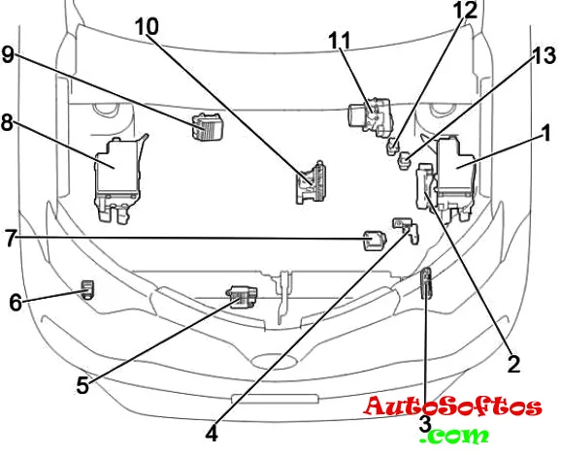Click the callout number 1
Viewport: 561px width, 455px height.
tap(545, 134)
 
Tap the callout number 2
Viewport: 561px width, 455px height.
tap(513, 364)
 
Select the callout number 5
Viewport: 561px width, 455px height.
tap(82, 386)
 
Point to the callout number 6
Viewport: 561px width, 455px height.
tap(16, 303)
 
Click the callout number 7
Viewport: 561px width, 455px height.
tap(11, 239)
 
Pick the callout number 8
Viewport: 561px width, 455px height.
tap(7, 122)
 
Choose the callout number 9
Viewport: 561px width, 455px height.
tap(8, 54)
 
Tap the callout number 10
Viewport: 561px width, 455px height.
tap(147, 27)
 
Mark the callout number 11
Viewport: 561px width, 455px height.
tap(340, 41)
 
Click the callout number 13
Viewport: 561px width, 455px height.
tap(544, 55)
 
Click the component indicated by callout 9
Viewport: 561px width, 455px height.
tap(207, 127)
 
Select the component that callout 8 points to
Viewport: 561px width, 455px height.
tap(118, 179)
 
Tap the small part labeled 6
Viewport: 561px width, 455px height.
tap(87, 289)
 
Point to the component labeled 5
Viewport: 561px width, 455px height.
tap(242, 297)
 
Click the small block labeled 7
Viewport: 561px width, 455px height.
tap(375, 241)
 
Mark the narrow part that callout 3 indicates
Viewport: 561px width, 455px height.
tap(426, 283)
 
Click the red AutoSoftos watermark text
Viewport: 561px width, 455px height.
tap(452, 406)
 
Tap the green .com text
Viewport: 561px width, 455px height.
tap(454, 436)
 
